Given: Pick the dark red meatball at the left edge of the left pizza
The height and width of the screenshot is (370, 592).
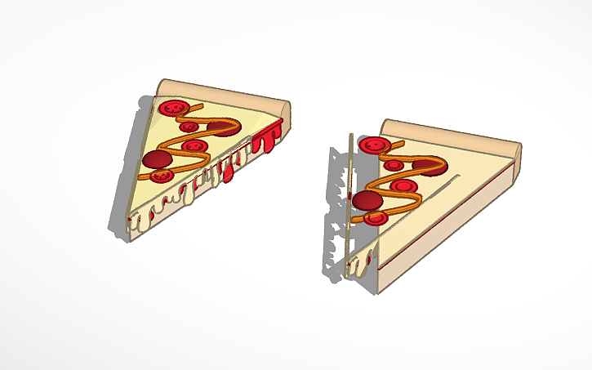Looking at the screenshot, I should [157, 158].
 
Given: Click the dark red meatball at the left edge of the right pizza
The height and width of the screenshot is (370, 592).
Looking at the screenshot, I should [367, 199].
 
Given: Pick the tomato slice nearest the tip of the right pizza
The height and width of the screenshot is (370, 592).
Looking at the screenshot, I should [375, 218].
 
